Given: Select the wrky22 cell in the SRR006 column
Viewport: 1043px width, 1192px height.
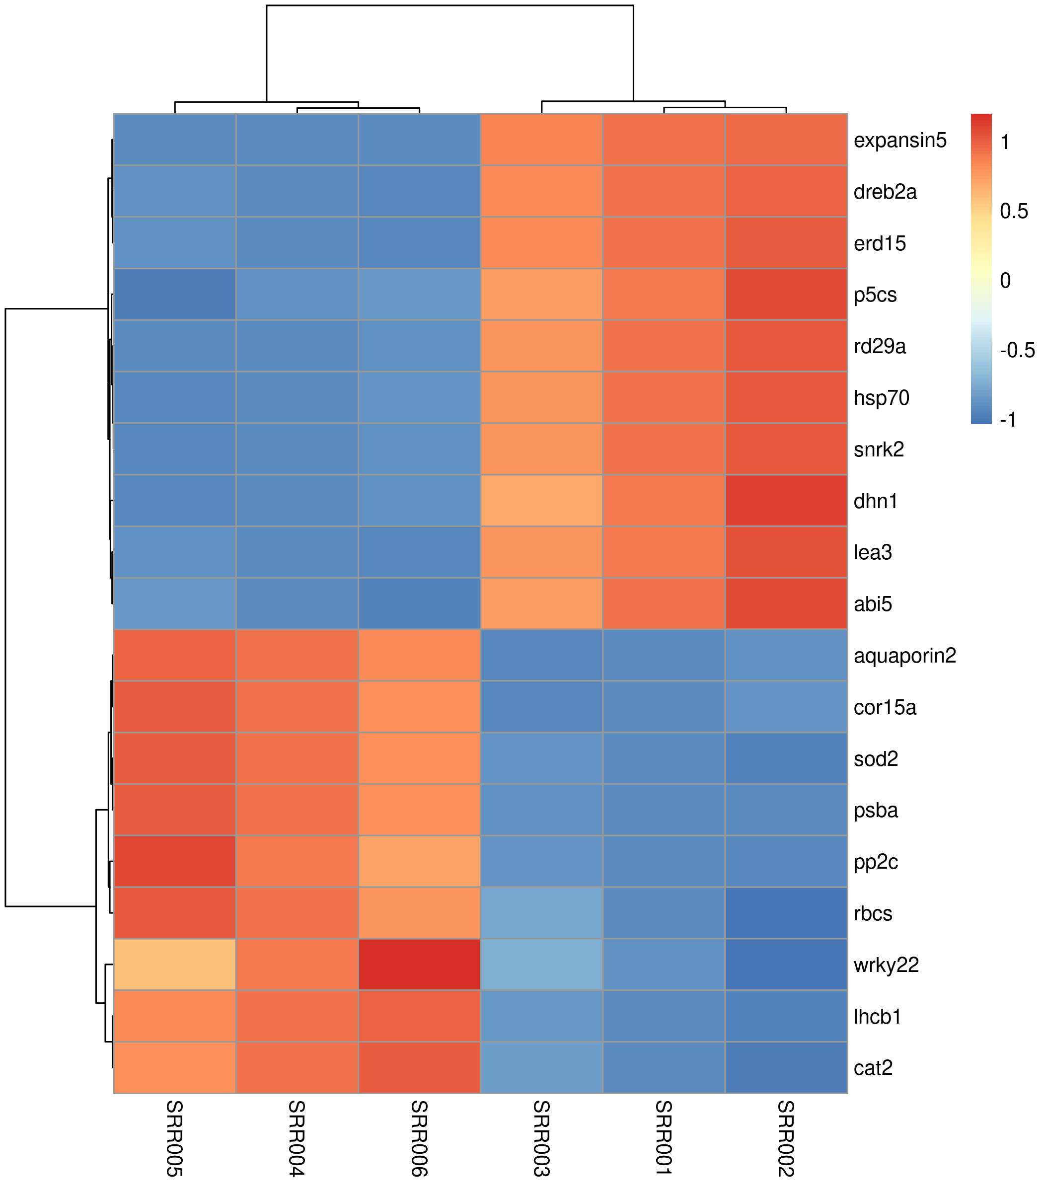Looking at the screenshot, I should [x=419, y=965].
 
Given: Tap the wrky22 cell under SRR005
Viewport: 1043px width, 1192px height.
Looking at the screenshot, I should [x=175, y=965].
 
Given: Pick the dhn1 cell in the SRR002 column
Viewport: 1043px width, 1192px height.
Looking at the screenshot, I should [x=786, y=501].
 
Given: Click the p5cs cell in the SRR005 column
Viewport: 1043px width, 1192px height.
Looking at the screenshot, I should [x=175, y=295].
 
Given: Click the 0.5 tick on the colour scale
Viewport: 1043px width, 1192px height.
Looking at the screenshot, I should [x=1014, y=211].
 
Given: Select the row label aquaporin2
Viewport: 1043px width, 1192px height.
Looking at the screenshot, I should [x=904, y=656].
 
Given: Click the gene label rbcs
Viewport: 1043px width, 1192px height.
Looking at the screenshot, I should [x=873, y=913].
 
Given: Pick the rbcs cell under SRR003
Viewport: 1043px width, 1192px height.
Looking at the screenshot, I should [x=541, y=913].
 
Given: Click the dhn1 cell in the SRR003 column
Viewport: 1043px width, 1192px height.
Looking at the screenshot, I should [x=541, y=501].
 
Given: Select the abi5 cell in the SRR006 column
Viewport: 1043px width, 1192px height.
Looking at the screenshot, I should [x=419, y=603].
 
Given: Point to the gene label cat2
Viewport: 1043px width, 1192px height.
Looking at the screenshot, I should [x=873, y=1068].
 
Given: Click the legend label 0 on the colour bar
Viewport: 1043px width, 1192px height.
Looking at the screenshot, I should [x=1005, y=281].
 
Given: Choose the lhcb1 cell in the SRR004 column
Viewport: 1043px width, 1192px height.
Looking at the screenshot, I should [x=297, y=1016].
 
